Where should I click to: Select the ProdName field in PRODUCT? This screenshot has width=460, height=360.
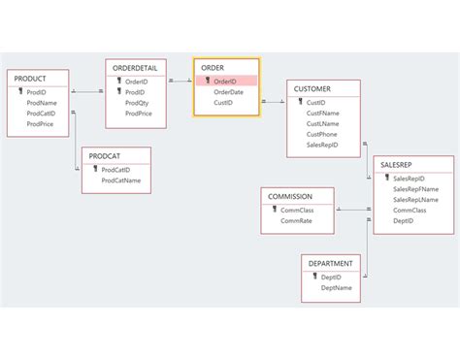click(42, 102)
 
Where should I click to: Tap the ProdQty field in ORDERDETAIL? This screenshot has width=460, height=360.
click(138, 103)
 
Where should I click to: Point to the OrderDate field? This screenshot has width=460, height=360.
click(229, 92)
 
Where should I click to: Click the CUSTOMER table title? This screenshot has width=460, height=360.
click(313, 88)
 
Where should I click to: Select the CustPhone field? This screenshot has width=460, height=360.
click(322, 134)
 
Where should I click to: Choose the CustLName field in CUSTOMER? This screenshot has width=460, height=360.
click(323, 123)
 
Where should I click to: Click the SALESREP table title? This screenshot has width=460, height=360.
click(399, 165)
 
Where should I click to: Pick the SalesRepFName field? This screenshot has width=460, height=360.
click(416, 189)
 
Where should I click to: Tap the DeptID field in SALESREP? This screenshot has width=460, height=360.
click(404, 221)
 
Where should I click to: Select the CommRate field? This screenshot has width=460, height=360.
click(297, 220)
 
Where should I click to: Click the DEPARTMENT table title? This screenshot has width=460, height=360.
click(331, 263)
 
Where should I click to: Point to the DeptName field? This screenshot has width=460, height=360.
click(336, 287)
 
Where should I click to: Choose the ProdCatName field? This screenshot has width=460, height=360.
click(120, 180)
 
